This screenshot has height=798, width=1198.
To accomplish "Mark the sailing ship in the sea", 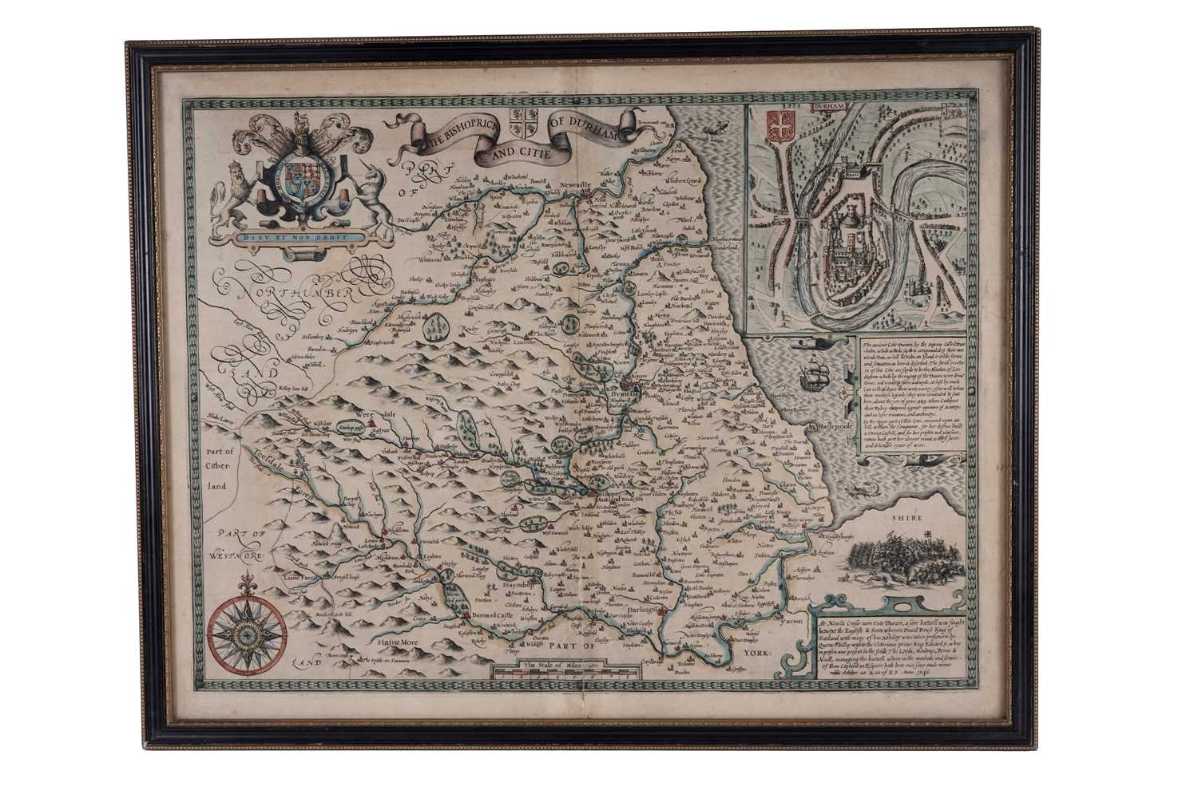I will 811,370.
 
